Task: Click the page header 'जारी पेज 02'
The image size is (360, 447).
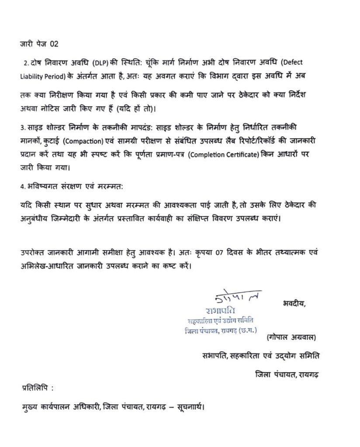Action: tap(39, 44)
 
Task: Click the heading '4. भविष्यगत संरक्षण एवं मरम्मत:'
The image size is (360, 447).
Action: tap(73, 186)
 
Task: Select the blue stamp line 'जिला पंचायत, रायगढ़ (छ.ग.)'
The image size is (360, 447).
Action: tap(221, 330)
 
